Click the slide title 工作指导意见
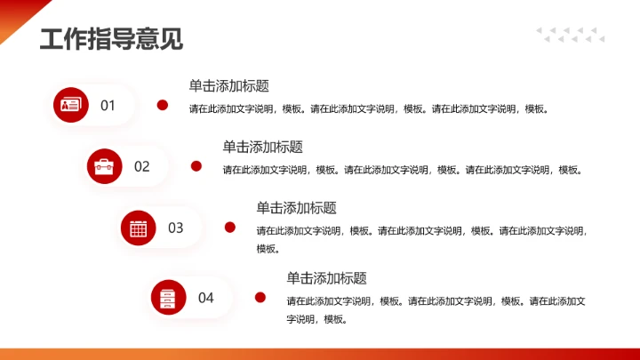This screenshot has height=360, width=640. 111,39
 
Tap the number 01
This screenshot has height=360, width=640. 108,106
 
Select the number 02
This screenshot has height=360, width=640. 142,166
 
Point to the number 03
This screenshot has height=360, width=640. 176,228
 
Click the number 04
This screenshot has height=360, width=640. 206,298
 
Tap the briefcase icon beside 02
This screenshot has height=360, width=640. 104,166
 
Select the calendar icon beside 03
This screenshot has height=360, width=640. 138,228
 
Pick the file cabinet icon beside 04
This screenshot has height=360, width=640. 168,298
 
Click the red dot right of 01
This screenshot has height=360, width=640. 163,106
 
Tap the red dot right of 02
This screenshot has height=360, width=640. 196,166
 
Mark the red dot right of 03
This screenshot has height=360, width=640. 230,228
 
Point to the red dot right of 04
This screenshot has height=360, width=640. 260,298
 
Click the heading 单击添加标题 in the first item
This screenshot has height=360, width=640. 228,86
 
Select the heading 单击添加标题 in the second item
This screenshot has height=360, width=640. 262,147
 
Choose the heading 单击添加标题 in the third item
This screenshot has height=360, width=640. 296,208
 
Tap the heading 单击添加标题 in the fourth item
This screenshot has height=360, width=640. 326,278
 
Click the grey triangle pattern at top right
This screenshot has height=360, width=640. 570,35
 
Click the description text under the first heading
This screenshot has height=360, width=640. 369,109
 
